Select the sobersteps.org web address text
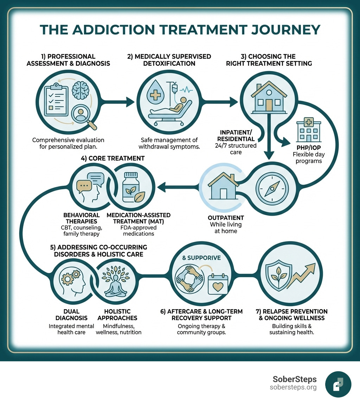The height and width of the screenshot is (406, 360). click(x=293, y=387)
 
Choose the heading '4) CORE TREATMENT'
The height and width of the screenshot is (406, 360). click(x=112, y=158)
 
